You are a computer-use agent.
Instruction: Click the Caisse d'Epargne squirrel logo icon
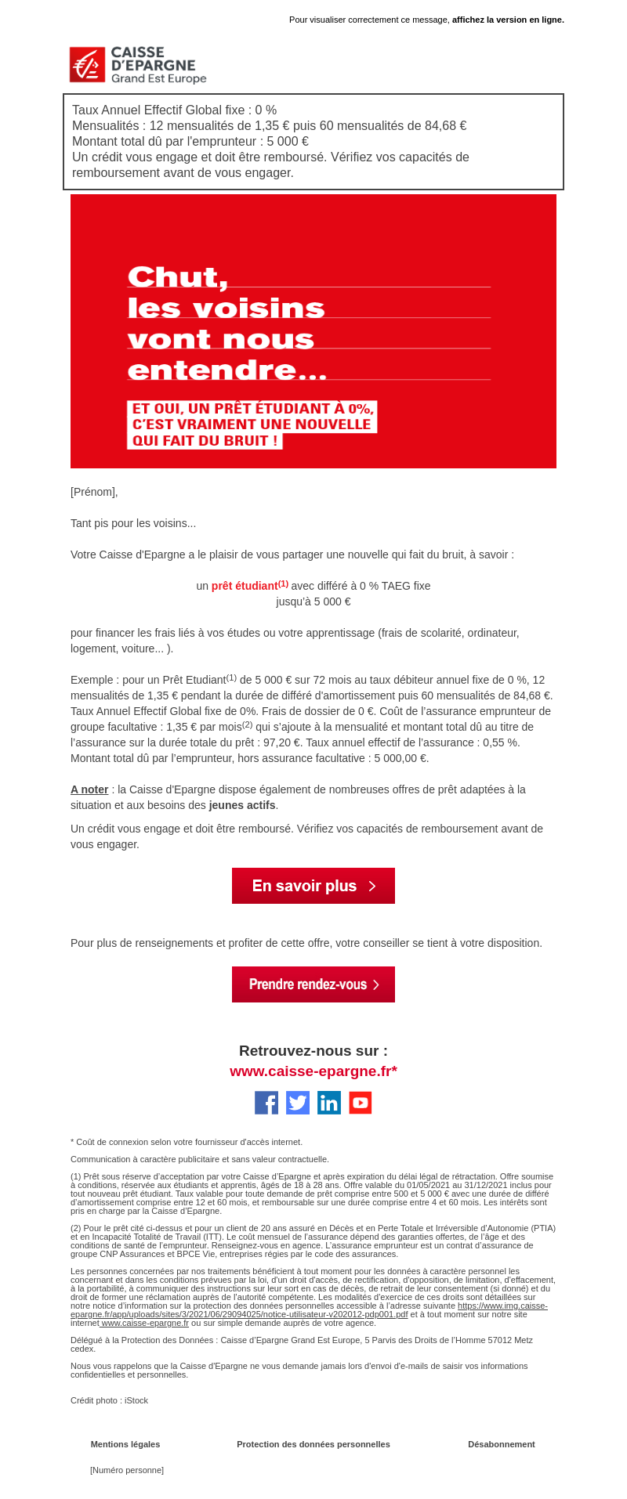point(87,64)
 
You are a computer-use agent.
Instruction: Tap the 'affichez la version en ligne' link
point(508,20)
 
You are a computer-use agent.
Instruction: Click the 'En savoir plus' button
point(313,886)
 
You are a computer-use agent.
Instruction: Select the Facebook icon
point(266,1103)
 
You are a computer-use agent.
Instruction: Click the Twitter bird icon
point(298,1103)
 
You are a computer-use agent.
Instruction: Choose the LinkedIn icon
point(329,1103)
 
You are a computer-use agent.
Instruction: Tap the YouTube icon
point(361,1103)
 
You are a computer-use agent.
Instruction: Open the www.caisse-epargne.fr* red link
point(313,1071)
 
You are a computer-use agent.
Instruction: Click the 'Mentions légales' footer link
point(125,1444)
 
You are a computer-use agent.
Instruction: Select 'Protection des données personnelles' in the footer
point(313,1444)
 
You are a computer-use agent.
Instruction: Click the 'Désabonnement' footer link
point(502,1444)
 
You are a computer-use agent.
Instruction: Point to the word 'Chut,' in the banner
point(178,277)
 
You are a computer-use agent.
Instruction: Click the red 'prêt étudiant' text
point(245,586)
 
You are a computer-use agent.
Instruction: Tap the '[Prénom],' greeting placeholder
point(94,492)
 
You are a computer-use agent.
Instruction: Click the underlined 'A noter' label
point(89,789)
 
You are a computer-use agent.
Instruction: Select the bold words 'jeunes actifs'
point(242,805)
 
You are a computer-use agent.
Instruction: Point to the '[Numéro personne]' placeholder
point(127,1470)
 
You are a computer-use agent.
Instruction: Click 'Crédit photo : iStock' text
point(109,1400)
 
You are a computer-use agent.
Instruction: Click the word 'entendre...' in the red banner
point(227,370)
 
